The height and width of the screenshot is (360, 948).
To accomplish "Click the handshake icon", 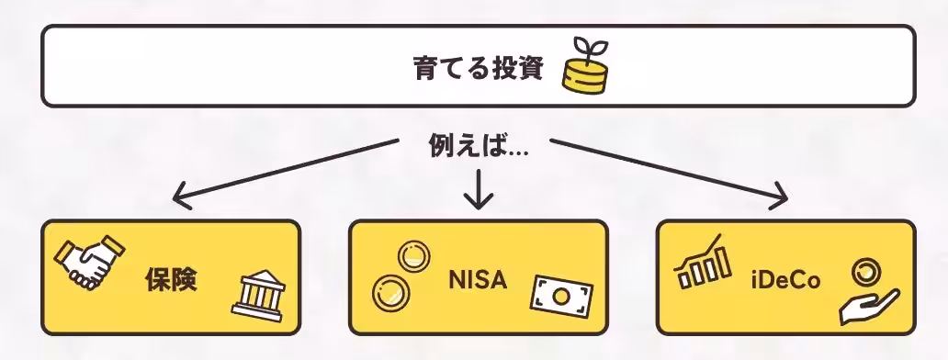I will (89, 260).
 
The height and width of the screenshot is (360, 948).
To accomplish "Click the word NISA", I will (478, 278).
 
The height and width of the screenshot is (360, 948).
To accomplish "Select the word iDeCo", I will (783, 278).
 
